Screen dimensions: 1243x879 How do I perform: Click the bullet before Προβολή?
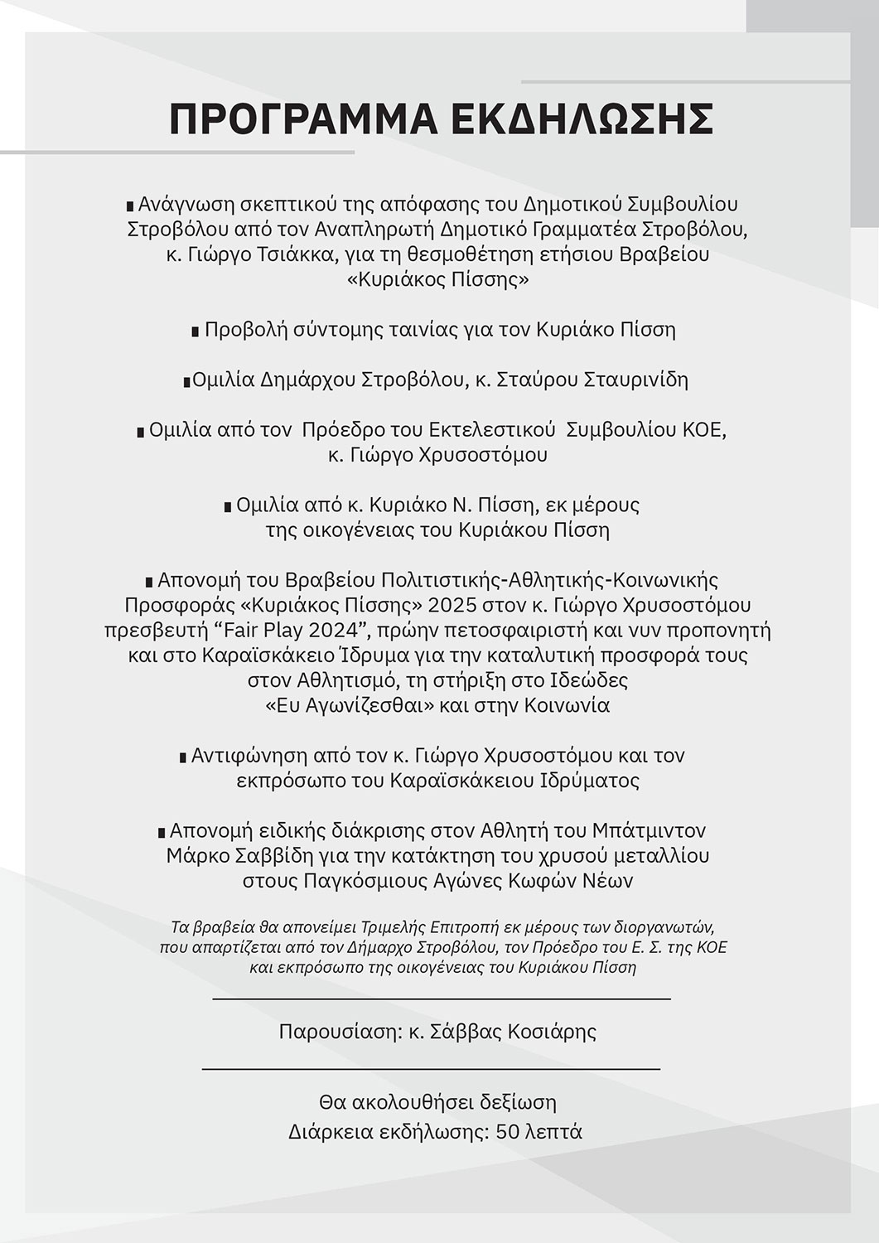pos(196,331)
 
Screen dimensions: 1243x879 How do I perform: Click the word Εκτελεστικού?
pos(492,430)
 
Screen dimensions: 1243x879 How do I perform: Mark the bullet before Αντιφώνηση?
pos(183,757)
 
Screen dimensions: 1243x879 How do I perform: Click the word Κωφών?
pos(554,880)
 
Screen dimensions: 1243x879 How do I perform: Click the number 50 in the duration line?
pos(506,1131)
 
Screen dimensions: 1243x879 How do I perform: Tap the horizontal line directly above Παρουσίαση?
pos(441,999)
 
